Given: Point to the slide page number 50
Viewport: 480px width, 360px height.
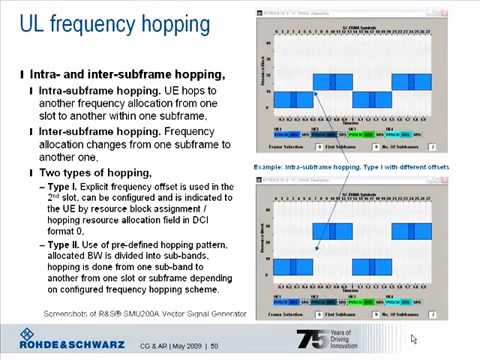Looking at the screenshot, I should pyautogui.click(x=214, y=345).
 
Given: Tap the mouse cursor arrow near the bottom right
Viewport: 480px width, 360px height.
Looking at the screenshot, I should pyautogui.click(x=414, y=340).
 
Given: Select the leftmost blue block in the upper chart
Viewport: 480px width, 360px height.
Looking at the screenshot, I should pyautogui.click(x=293, y=99).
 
